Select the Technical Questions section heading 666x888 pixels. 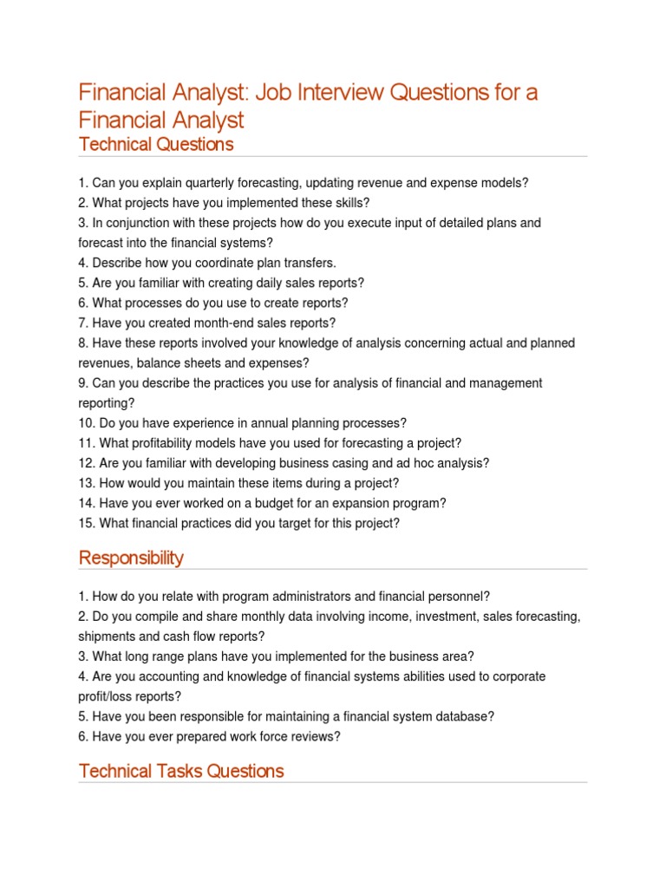point(156,144)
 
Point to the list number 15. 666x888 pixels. point(86,523)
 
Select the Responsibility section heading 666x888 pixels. point(131,558)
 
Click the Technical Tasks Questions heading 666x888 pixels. point(181,770)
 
